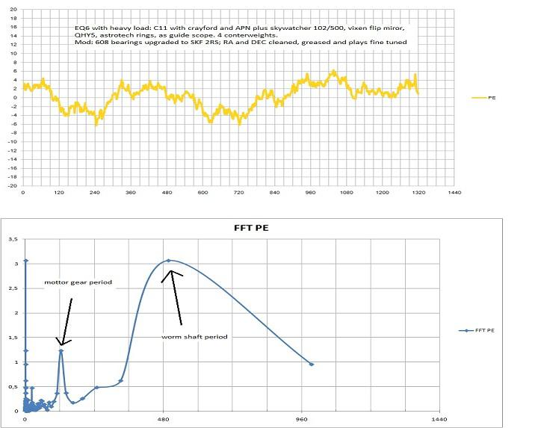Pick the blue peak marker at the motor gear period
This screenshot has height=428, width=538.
click(x=61, y=350)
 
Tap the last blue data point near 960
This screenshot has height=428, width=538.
click(x=311, y=364)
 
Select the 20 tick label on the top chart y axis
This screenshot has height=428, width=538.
click(x=15, y=10)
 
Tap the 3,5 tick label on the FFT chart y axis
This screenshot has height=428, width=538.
click(x=13, y=240)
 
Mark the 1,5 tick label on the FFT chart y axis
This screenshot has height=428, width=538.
click(x=13, y=338)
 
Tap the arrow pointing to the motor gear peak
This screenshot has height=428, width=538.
click(x=67, y=321)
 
